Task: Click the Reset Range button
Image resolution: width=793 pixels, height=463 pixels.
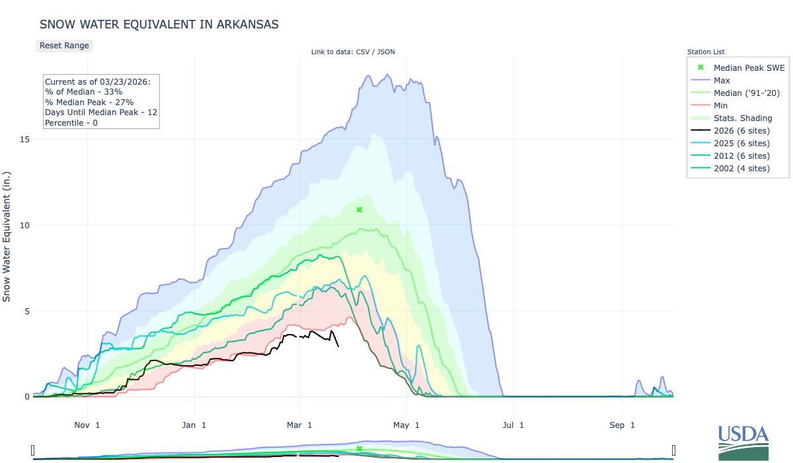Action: tap(64, 46)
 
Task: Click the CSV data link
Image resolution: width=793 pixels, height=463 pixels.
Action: tap(361, 52)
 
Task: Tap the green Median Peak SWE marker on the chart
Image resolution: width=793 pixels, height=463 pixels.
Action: tap(359, 210)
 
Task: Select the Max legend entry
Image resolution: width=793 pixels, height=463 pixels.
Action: tap(722, 80)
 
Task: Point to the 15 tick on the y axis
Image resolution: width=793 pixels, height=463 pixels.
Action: tap(24, 140)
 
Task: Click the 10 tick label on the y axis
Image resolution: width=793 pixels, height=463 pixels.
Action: tap(24, 226)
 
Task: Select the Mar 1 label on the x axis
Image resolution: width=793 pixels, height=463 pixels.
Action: tap(301, 425)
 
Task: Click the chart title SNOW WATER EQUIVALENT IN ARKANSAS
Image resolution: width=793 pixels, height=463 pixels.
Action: tap(159, 24)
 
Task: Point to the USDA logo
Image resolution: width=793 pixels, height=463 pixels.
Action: tap(743, 442)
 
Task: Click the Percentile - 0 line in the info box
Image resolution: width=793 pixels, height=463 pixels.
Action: tap(71, 123)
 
